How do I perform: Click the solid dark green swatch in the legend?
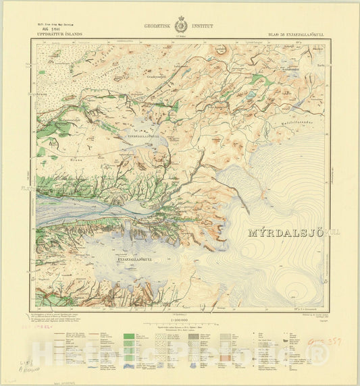point(127,334)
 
